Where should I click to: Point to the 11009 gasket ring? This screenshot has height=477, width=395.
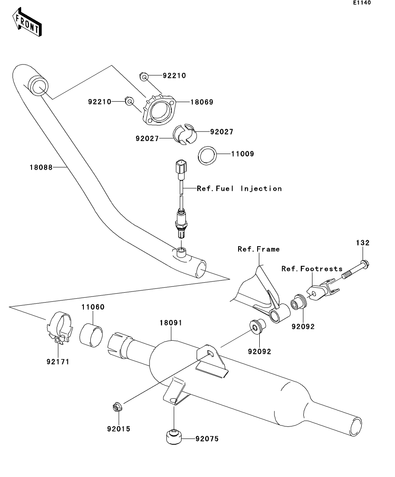point(207,156)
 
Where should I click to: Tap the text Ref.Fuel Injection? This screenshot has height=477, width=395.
point(239,189)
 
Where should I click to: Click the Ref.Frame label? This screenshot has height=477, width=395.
point(258,249)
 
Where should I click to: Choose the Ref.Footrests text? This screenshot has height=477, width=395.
point(312,269)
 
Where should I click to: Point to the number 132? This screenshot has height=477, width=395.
point(363,243)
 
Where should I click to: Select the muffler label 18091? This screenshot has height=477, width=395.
point(171,323)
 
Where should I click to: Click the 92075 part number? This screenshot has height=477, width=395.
point(207,439)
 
